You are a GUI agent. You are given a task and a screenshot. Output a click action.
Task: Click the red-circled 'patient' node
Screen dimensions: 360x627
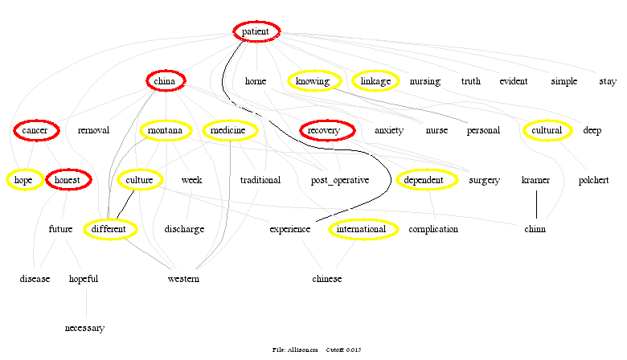tap(256, 31)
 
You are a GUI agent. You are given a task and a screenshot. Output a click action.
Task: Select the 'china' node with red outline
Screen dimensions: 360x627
tap(166, 80)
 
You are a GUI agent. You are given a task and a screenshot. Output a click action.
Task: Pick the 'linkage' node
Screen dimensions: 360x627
tap(375, 80)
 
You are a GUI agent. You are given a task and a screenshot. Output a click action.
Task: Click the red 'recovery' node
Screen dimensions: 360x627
tap(325, 130)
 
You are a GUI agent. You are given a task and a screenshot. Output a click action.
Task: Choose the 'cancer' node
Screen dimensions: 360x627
tap(35, 130)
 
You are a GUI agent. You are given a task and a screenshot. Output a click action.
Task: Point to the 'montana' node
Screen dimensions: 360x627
tap(166, 130)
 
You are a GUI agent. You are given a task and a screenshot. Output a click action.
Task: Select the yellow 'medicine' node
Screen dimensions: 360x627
tap(230, 130)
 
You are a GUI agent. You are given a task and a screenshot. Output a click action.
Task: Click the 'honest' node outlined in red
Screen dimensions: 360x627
tap(68, 180)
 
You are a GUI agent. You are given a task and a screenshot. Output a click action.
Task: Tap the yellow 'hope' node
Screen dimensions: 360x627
tap(23, 180)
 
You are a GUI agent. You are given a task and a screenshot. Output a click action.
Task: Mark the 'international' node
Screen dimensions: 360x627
tap(363, 229)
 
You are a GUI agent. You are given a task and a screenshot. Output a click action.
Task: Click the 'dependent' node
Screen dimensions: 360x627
tap(424, 180)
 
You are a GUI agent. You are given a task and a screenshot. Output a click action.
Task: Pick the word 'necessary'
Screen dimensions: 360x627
tap(85, 328)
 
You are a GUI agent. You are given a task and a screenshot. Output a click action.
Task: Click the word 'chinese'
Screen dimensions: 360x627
tap(327, 279)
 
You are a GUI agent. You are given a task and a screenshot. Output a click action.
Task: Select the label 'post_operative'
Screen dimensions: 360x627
tap(340, 180)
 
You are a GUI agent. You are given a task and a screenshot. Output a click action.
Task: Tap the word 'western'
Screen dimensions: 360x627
tap(183, 279)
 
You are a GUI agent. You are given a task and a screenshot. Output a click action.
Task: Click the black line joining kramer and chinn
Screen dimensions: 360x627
tap(536, 204)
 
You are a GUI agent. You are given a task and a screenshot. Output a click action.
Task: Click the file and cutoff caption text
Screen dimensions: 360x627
tap(318, 350)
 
